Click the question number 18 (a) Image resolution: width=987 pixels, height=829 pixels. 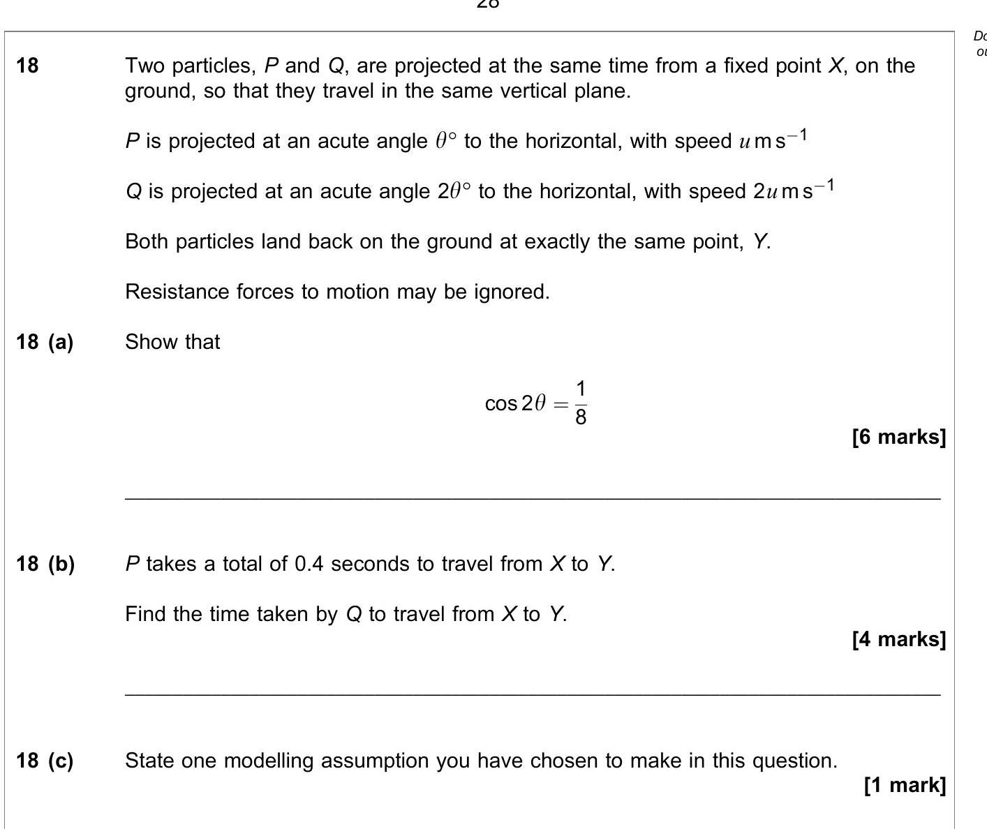(x=45, y=342)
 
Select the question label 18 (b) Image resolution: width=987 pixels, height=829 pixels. (x=45, y=564)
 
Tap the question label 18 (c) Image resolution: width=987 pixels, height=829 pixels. (x=45, y=761)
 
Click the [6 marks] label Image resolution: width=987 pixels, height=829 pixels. (x=899, y=437)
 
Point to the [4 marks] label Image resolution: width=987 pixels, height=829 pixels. (x=899, y=639)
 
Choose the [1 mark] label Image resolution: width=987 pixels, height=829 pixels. (x=905, y=785)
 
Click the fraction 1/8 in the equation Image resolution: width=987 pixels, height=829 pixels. (x=581, y=403)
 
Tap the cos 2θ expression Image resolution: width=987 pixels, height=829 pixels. (x=515, y=403)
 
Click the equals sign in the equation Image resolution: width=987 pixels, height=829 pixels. (x=560, y=403)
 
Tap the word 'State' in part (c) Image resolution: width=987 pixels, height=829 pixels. (x=149, y=761)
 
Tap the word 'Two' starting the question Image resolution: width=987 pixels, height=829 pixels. (x=144, y=66)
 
